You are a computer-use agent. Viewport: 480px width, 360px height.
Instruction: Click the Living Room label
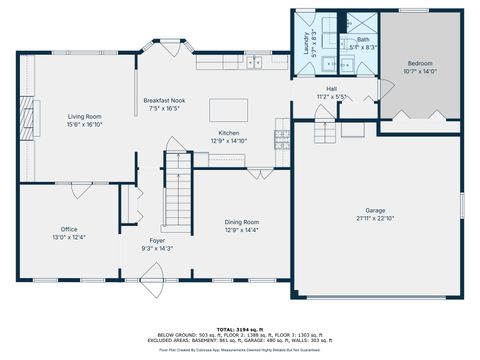[84, 116]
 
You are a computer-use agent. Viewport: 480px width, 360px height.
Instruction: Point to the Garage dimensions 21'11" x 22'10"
[375, 218]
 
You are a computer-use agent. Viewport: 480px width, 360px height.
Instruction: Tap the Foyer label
[158, 240]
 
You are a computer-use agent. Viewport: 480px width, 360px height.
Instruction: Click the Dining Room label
[242, 222]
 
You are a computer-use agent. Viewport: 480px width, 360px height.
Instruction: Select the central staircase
[176, 195]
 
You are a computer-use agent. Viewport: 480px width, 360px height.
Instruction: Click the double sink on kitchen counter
[255, 63]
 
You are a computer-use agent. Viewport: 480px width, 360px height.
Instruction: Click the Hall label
[331, 89]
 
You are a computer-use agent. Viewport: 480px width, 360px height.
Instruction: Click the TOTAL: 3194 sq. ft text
[239, 327]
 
